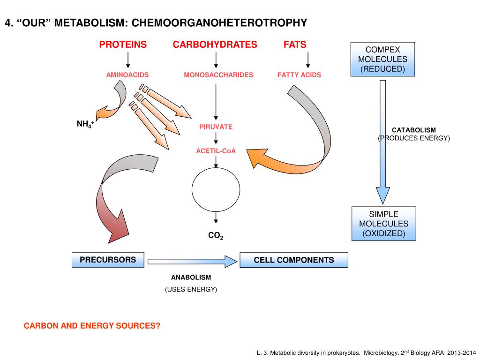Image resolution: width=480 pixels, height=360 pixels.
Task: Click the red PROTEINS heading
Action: click(x=123, y=45)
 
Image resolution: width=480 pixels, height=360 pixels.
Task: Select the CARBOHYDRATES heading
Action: click(x=215, y=45)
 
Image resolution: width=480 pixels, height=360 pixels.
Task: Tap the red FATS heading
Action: click(x=295, y=45)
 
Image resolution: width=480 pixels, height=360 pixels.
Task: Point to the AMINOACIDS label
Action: click(x=127, y=75)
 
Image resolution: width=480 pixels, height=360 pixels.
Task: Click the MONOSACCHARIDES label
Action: click(x=218, y=75)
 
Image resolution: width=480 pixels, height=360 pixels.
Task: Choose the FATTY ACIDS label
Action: click(x=299, y=75)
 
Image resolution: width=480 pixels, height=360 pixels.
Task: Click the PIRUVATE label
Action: click(x=216, y=127)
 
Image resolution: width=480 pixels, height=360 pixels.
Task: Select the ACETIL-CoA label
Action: click(x=216, y=151)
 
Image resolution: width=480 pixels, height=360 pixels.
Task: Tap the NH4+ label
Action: click(x=85, y=124)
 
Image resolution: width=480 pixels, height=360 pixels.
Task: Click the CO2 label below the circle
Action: click(x=216, y=235)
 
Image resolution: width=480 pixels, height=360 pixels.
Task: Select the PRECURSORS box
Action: click(x=108, y=260)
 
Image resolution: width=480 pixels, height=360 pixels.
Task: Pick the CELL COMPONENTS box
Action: click(x=294, y=260)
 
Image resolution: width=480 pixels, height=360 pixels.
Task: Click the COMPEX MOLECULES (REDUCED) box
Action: click(x=382, y=59)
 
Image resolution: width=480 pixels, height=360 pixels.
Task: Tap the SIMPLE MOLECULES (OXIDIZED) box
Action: click(x=384, y=224)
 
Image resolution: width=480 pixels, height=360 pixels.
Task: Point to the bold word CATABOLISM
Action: click(x=414, y=130)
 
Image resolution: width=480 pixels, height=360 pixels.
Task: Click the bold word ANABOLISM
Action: click(x=191, y=277)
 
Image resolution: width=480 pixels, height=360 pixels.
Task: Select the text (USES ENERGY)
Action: click(x=191, y=289)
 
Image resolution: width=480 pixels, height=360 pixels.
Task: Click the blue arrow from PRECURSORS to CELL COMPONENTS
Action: click(x=192, y=262)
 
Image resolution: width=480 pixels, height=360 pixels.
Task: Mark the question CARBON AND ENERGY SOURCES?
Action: click(x=92, y=326)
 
